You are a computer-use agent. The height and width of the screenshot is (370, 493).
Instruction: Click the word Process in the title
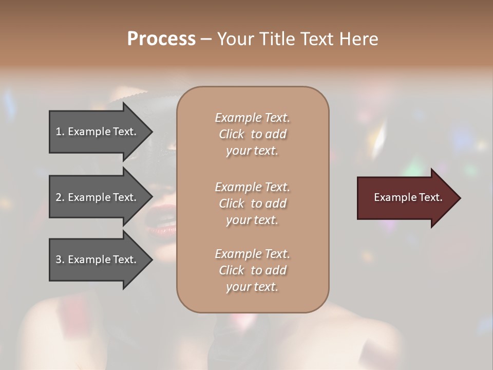tap(161, 39)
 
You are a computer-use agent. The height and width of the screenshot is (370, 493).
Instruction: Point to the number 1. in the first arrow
tap(60, 132)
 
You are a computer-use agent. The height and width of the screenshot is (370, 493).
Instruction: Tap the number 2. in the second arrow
tap(60, 197)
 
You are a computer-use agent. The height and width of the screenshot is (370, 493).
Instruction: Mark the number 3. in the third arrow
tap(60, 260)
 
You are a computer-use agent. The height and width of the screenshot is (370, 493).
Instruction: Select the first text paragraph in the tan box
tap(252, 134)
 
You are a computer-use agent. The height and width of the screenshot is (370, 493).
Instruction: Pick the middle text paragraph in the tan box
tap(252, 203)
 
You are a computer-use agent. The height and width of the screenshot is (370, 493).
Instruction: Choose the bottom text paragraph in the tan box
tap(252, 270)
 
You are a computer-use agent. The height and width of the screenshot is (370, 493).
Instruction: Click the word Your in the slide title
tap(234, 39)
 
